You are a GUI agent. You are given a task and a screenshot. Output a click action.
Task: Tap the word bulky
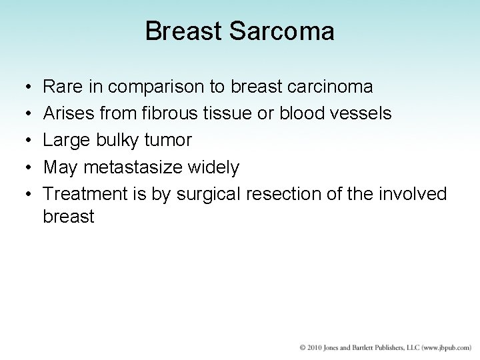coord(122,141)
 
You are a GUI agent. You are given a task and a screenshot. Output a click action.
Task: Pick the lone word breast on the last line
coord(68,217)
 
